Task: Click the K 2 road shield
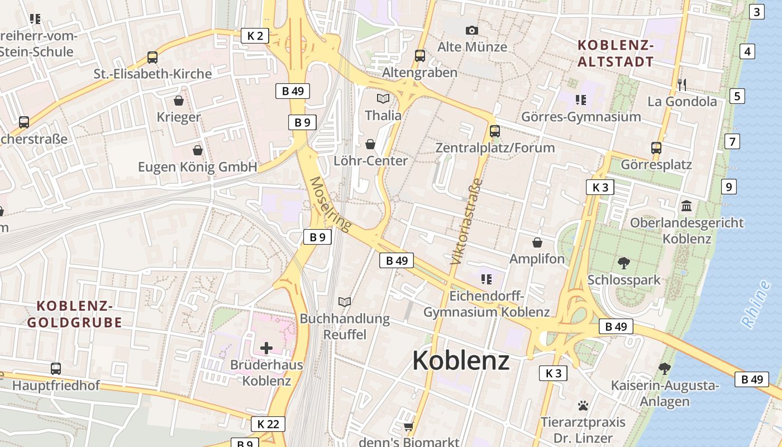pyautogui.click(x=255, y=36)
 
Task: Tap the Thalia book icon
pyautogui.click(x=383, y=99)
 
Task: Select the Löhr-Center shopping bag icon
pyautogui.click(x=370, y=144)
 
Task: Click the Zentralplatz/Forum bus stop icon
pyautogui.click(x=494, y=131)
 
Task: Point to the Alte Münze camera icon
pyautogui.click(x=472, y=30)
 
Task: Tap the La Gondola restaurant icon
pyautogui.click(x=681, y=85)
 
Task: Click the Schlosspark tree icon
pyautogui.click(x=623, y=263)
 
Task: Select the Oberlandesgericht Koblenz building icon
pyautogui.click(x=686, y=206)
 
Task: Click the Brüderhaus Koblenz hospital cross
pyautogui.click(x=266, y=348)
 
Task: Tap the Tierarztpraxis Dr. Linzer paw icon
pyautogui.click(x=583, y=405)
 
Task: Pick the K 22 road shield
pyautogui.click(x=268, y=424)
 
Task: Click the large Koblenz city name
pyautogui.click(x=461, y=361)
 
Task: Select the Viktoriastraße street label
pyautogui.click(x=465, y=221)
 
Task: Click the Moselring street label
pyautogui.click(x=331, y=204)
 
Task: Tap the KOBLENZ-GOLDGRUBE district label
pyautogui.click(x=75, y=314)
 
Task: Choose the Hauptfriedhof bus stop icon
pyautogui.click(x=56, y=369)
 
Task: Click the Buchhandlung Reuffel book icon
pyautogui.click(x=345, y=302)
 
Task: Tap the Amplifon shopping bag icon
pyautogui.click(x=537, y=242)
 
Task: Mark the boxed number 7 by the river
pyautogui.click(x=732, y=141)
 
